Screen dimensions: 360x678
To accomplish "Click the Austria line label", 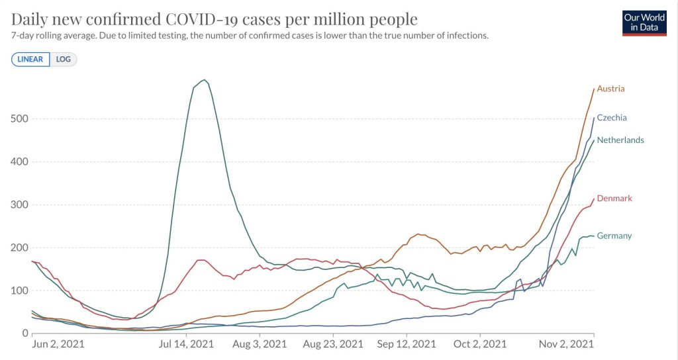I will pyautogui.click(x=610, y=89).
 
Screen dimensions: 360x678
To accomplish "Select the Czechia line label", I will pyautogui.click(x=612, y=118).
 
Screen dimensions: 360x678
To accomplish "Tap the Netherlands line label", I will pyautogui.click(x=620, y=140).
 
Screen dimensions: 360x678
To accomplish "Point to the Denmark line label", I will pyautogui.click(x=614, y=199).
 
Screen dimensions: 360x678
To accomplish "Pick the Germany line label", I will pyautogui.click(x=614, y=236).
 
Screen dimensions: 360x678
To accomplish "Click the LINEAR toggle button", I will pyautogui.click(x=30, y=60).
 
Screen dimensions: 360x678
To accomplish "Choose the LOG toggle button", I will pyautogui.click(x=64, y=60).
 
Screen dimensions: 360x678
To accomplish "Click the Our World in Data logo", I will pyautogui.click(x=643, y=22).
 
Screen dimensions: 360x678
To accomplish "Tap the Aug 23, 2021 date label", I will pyautogui.click(x=333, y=344).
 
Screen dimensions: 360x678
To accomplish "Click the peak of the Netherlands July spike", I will pyautogui.click(x=205, y=80).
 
